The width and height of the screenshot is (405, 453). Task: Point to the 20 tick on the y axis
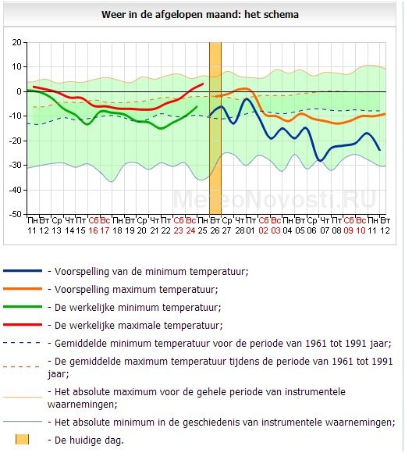17,42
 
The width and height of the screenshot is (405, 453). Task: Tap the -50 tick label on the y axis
16,214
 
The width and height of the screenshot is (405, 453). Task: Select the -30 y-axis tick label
16,166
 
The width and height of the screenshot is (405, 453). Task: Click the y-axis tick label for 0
19,91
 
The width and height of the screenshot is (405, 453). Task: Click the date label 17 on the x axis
105,230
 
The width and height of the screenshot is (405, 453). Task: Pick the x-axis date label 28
239,230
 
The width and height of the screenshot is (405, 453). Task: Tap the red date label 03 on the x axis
275,230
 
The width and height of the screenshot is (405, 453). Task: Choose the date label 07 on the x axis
325,230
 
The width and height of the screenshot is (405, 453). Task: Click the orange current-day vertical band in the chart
215,128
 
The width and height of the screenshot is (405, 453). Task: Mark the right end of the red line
203,84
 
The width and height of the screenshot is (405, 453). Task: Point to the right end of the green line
197,106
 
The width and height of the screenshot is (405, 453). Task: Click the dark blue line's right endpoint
379,150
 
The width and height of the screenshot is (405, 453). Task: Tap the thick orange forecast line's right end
385,114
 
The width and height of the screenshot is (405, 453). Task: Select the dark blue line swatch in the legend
23,271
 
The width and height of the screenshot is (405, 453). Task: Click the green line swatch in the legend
23,307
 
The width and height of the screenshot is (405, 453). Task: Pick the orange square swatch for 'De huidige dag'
22,440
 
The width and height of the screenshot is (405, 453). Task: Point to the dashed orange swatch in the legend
22,367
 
